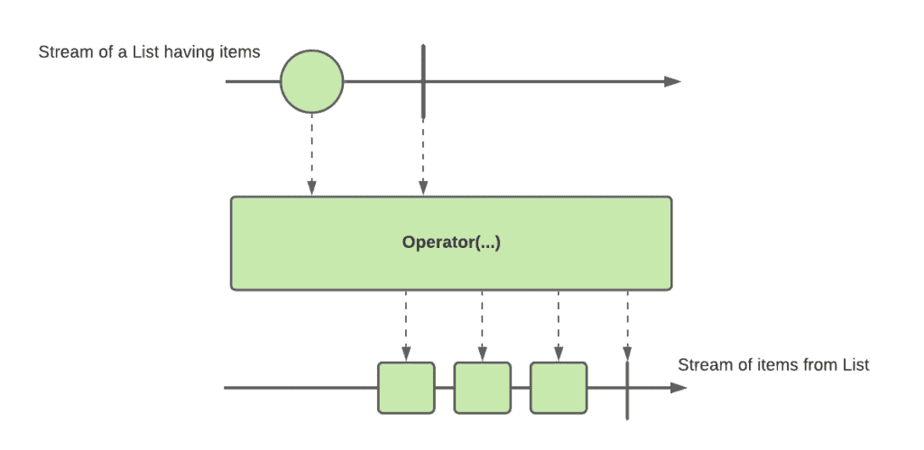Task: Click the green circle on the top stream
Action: [x=311, y=81]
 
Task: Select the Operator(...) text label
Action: [x=451, y=242]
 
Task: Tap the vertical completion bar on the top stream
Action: [x=423, y=80]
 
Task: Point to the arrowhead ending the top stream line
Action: [x=672, y=81]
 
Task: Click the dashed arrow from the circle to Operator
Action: [x=311, y=153]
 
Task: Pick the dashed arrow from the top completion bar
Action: [x=423, y=156]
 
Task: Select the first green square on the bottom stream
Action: [x=406, y=388]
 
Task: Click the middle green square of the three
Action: [x=482, y=388]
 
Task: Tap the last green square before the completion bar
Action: [x=559, y=388]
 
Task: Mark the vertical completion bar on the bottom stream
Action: [x=627, y=390]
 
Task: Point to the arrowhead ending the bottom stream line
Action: [x=679, y=388]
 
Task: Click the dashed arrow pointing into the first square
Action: [x=406, y=326]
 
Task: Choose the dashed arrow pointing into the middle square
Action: [x=482, y=326]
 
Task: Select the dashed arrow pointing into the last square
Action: [x=559, y=326]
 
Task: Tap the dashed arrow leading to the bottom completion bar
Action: [x=627, y=326]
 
